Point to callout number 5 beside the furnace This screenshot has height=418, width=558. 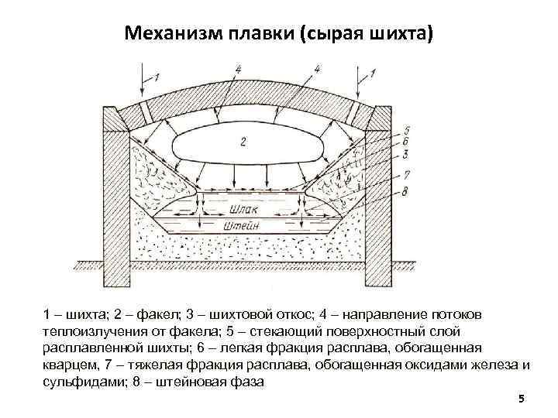(x=408, y=130)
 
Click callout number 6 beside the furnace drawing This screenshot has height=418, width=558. (x=408, y=142)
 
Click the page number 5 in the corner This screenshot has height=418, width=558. (x=522, y=398)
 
